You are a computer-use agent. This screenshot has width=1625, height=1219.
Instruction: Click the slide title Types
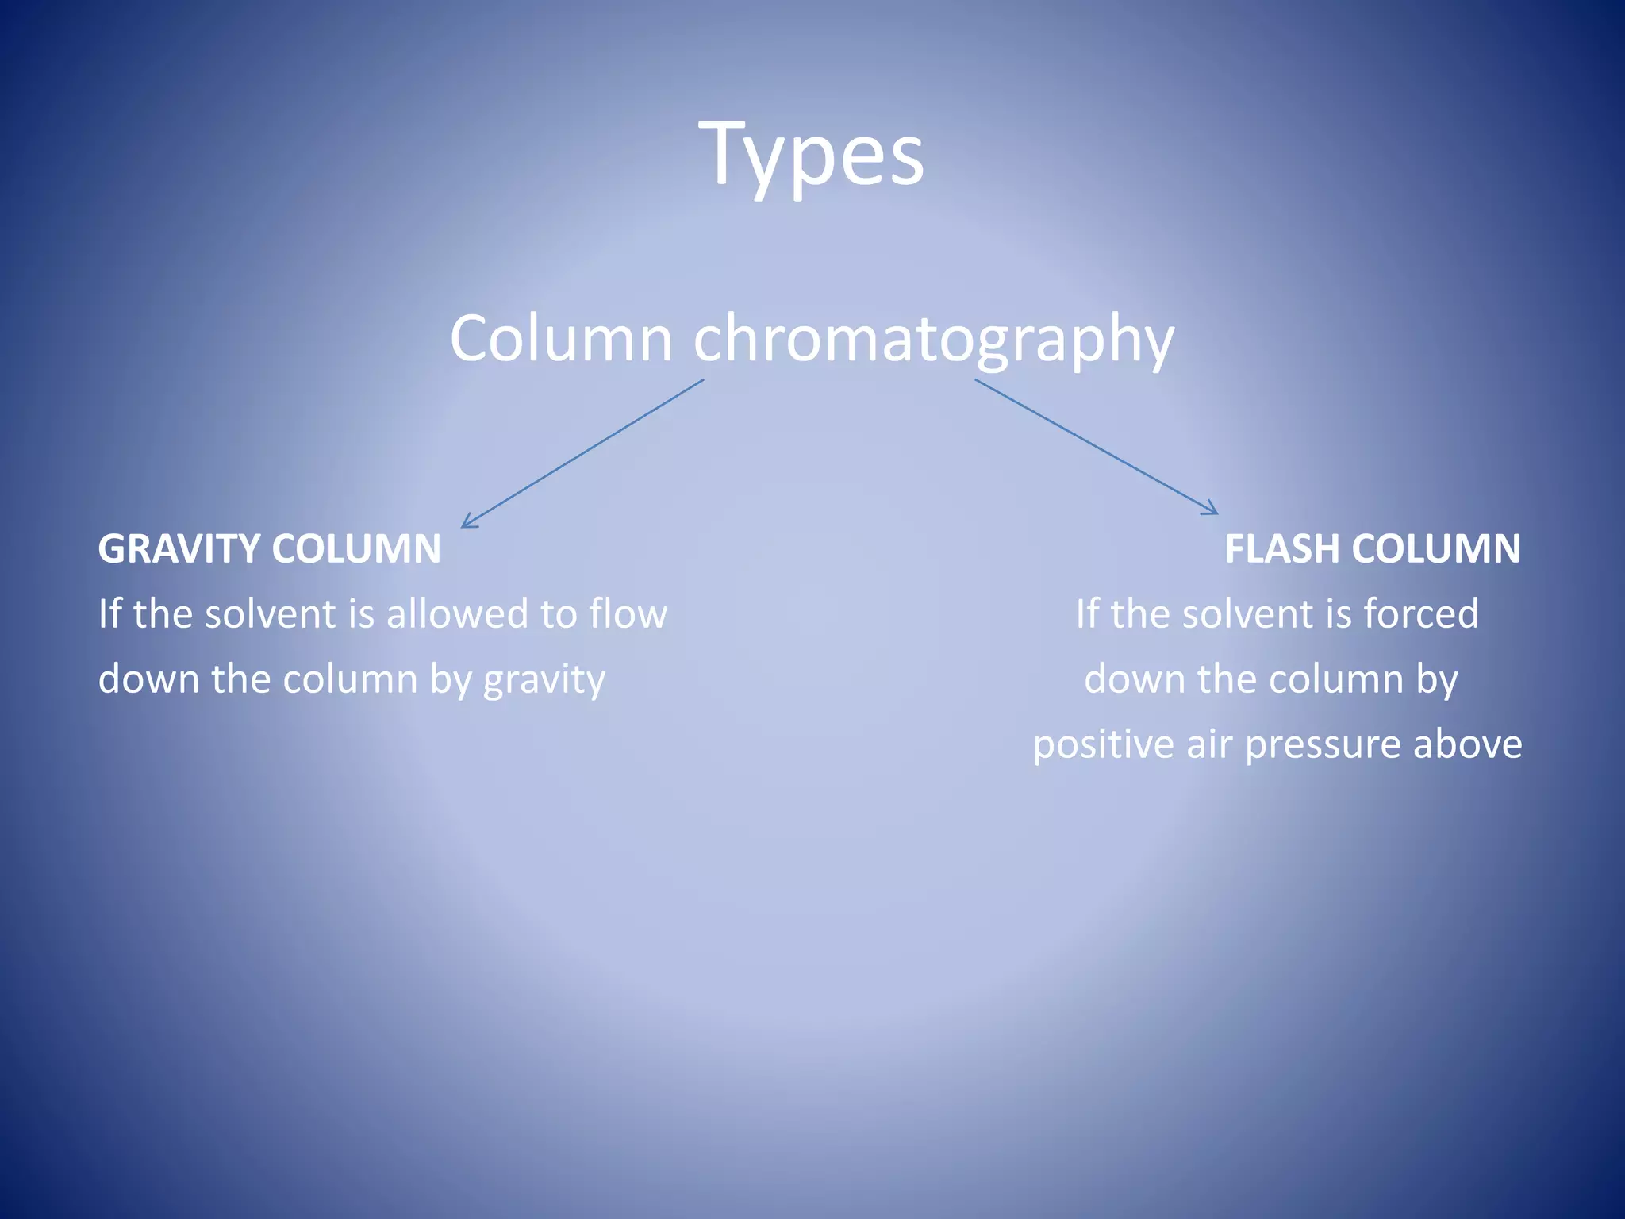pyautogui.click(x=812, y=155)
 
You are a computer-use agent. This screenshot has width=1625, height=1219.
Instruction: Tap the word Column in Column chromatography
pyautogui.click(x=561, y=339)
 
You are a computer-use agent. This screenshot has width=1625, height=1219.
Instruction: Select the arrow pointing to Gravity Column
pyautogui.click(x=583, y=453)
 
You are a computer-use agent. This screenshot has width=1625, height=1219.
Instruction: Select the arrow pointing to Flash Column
pyautogui.click(x=1095, y=447)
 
